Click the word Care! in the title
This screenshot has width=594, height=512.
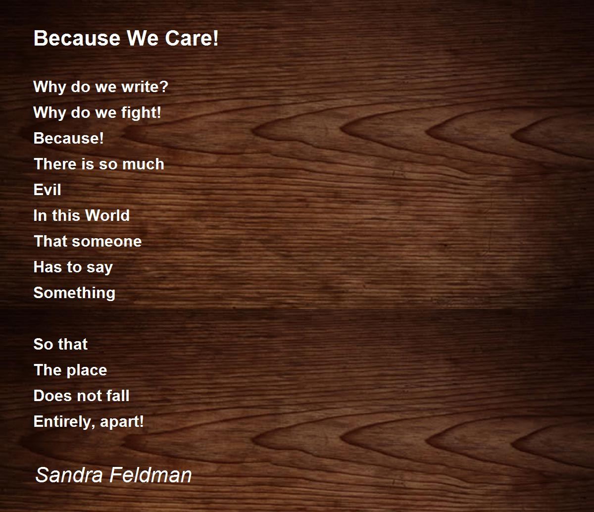point(192,38)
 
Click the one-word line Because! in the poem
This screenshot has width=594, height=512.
point(68,138)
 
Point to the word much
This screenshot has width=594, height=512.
point(143,164)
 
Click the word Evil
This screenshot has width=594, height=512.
point(47,190)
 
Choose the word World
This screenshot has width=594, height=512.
point(107,215)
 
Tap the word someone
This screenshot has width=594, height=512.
point(106,242)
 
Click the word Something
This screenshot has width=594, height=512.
point(74,293)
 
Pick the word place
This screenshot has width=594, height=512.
point(87,370)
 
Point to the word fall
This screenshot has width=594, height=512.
point(118,396)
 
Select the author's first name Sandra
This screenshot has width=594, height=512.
point(69,475)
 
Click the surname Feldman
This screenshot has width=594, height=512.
point(150,475)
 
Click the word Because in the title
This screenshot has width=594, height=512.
point(77,38)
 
